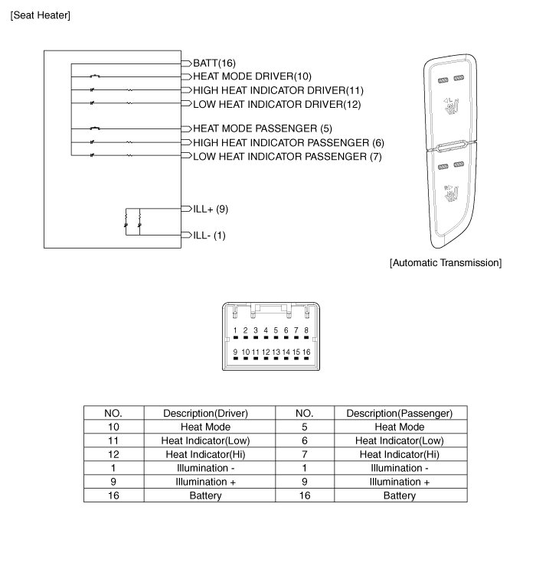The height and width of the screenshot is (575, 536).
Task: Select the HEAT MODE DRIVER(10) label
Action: point(252,76)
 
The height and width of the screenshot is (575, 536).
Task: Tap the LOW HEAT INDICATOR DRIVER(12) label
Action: point(276,104)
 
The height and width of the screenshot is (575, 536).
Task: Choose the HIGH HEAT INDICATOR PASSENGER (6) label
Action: point(288,142)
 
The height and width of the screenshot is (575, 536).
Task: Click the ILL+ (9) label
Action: point(211,208)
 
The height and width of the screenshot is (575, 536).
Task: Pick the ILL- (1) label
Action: point(209,236)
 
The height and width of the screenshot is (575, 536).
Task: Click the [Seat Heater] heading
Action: point(40,15)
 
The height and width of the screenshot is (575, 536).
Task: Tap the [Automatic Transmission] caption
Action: point(445,263)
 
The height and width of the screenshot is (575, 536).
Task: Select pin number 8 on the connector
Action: point(306,331)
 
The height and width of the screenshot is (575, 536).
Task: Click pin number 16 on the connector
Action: point(306,352)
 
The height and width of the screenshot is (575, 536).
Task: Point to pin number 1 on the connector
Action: point(236,331)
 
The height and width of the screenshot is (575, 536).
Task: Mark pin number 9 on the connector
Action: point(236,352)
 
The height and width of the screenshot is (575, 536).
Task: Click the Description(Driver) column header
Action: point(205,413)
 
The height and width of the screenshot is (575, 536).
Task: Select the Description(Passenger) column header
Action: point(399,413)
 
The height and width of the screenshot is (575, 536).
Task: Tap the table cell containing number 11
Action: point(113,440)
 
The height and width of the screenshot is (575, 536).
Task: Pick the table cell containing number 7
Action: point(305,454)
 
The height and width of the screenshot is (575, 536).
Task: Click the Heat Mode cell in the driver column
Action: point(205,427)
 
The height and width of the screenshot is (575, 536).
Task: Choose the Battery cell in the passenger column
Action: point(399,495)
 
